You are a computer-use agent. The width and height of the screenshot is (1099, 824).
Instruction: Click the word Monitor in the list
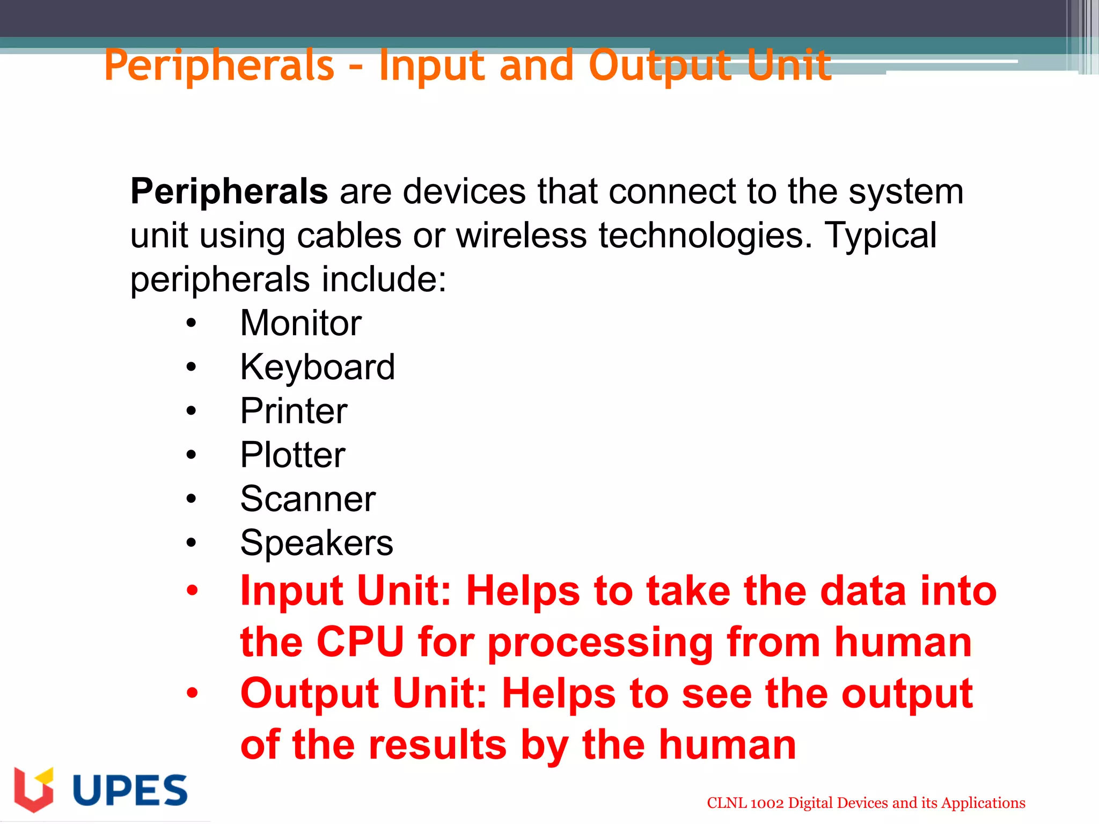pyautogui.click(x=301, y=323)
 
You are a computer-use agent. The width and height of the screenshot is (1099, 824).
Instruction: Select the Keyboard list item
pyautogui.click(x=317, y=367)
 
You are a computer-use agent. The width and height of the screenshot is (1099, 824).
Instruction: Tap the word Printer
pyautogui.click(x=294, y=411)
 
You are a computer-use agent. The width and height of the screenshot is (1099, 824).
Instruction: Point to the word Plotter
pyautogui.click(x=292, y=455)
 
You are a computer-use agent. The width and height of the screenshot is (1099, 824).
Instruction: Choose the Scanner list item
pyautogui.click(x=307, y=499)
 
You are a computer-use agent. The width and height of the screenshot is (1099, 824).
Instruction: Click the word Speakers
pyautogui.click(x=317, y=543)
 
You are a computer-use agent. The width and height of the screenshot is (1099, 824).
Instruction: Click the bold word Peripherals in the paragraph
pyautogui.click(x=229, y=192)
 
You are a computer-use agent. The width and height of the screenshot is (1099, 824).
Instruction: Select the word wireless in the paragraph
pyautogui.click(x=521, y=236)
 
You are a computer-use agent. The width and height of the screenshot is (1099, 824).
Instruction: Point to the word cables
pyautogui.click(x=349, y=236)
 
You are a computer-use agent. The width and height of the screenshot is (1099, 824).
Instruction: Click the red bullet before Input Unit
pyautogui.click(x=192, y=591)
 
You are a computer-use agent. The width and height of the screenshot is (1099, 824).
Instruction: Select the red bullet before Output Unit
pyautogui.click(x=192, y=693)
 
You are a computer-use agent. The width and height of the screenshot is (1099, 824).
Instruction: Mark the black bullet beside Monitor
pyautogui.click(x=192, y=323)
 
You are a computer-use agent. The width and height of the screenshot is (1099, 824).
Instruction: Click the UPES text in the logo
pyautogui.click(x=130, y=790)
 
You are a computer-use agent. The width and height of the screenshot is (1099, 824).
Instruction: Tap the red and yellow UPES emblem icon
pyautogui.click(x=34, y=789)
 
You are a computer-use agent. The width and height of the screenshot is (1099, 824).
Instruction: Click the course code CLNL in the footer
pyautogui.click(x=727, y=803)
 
